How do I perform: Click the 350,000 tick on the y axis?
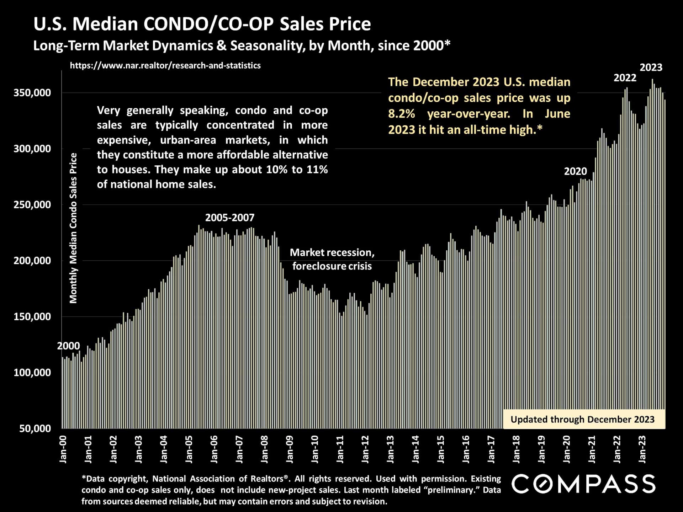(x=32, y=93)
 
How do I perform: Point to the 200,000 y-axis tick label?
(x=32, y=261)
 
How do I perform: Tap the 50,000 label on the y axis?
(x=35, y=428)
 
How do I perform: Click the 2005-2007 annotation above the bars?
(x=230, y=218)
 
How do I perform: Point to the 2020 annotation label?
(x=575, y=171)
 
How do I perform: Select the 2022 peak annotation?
(x=625, y=78)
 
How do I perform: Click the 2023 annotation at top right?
(x=651, y=68)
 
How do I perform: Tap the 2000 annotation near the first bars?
(x=68, y=346)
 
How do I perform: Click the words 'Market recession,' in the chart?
(x=332, y=253)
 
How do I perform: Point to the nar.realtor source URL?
(x=165, y=65)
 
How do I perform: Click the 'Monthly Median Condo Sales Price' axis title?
(x=73, y=228)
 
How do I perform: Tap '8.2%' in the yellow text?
(x=401, y=114)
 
